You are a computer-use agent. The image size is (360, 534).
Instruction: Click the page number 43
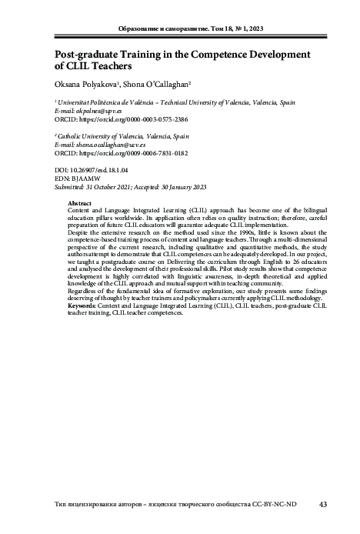click(323, 505)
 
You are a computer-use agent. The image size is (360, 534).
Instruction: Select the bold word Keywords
click(85, 306)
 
